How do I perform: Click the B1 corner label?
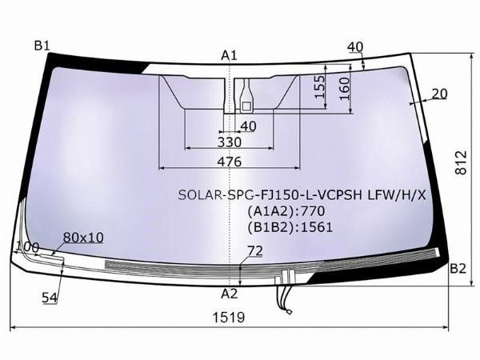click(42, 46)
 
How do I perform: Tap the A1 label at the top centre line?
click(230, 56)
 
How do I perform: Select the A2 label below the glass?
click(230, 294)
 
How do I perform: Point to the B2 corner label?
click(458, 269)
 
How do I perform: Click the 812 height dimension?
click(461, 162)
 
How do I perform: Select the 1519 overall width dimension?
click(229, 318)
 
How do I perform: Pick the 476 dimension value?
click(230, 162)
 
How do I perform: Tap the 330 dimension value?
click(230, 142)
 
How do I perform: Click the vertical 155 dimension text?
click(319, 86)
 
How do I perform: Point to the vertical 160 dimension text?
click(344, 89)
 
